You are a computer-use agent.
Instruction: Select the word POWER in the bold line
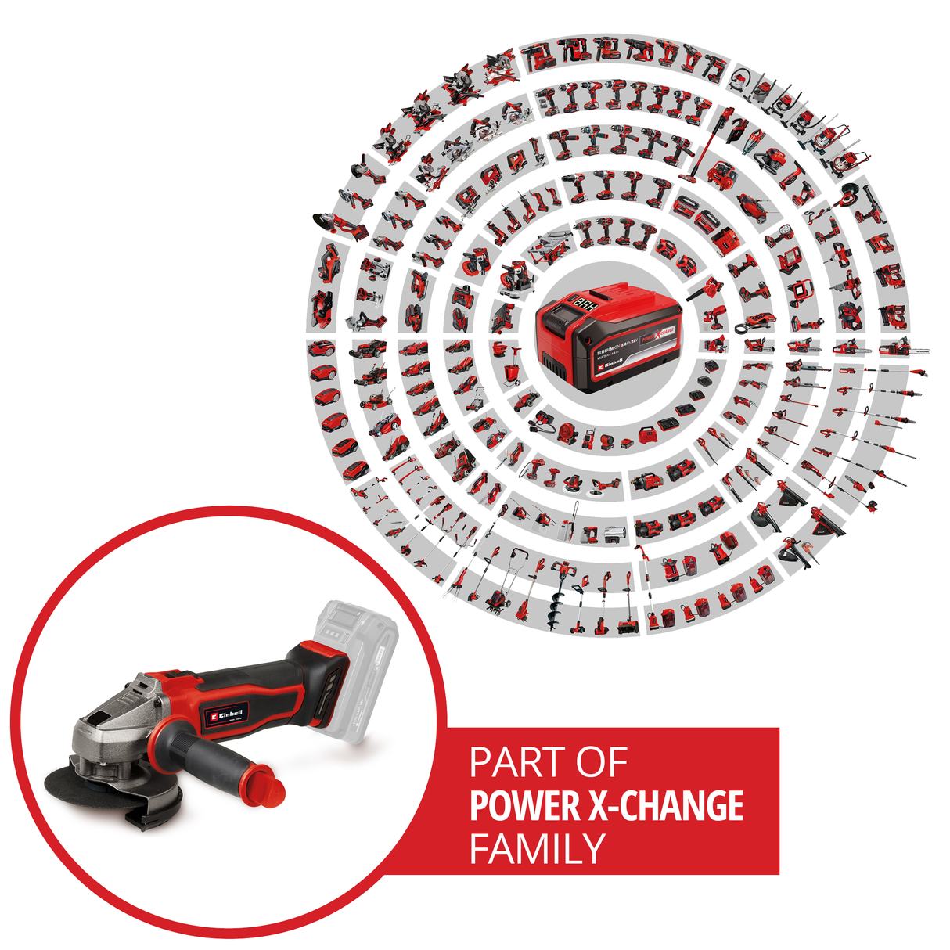coord(523,807)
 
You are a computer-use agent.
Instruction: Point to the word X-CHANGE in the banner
coord(664,807)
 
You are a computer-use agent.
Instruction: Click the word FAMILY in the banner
coord(538,849)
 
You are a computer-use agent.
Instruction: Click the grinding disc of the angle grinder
coord(82,783)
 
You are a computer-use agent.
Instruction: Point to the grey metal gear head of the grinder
coord(110,732)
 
